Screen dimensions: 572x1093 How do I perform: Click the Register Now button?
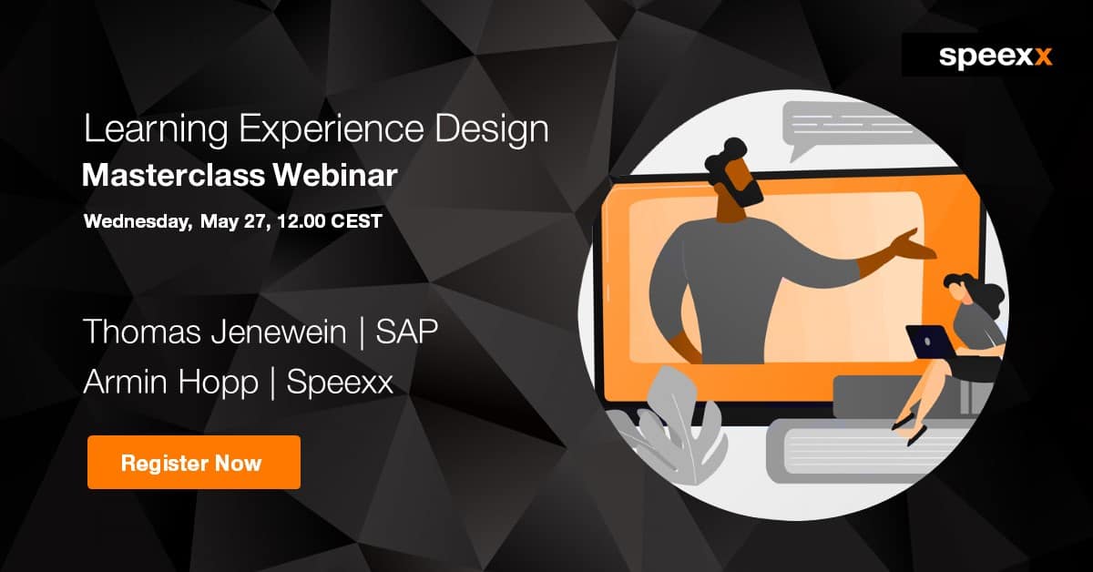193,462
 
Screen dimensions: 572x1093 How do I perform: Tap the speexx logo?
995,56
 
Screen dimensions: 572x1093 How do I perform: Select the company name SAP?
407,332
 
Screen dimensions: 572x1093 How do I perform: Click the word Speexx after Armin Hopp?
340,383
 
